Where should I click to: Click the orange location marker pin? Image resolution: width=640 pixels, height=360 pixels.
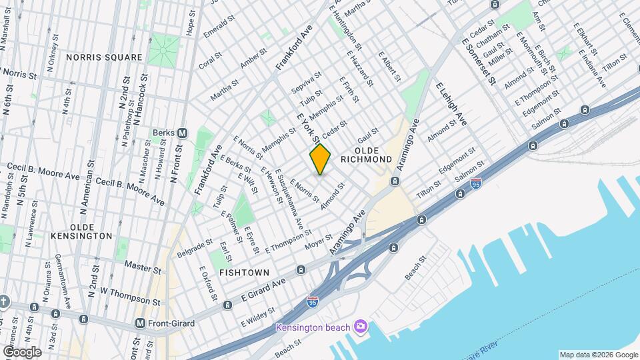pos(321,159)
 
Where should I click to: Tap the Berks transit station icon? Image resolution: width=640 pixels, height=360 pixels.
pos(181,133)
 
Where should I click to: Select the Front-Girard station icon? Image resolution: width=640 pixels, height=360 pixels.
pos(140,323)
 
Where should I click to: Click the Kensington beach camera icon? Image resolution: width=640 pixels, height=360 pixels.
pos(361,326)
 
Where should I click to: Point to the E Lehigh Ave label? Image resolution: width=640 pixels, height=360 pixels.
pos(451,104)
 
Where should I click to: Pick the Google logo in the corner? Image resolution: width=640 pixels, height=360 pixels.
pos(22,351)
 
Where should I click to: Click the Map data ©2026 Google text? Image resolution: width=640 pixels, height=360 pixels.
pos(598,355)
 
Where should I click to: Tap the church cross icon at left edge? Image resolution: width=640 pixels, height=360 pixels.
pos(5,302)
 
